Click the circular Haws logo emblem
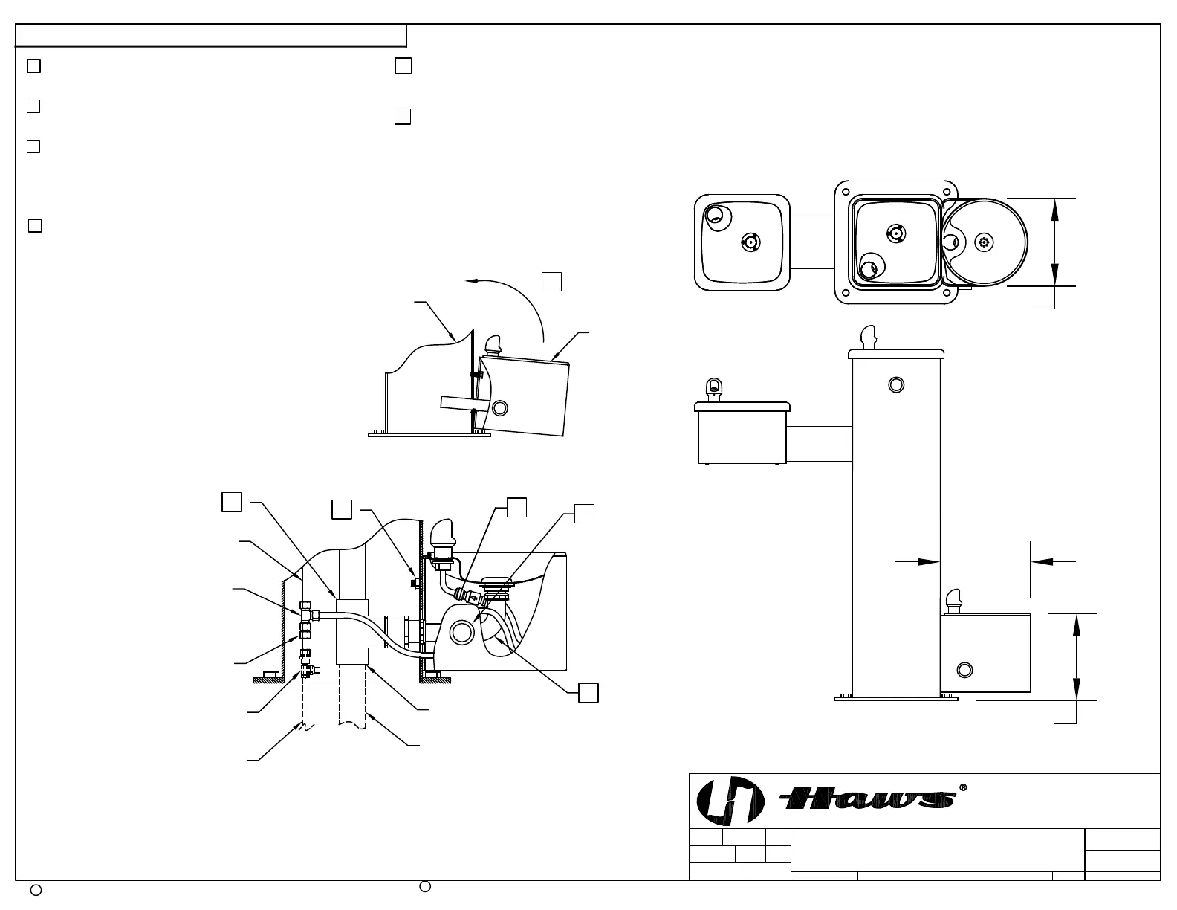730,801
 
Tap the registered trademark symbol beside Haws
962,787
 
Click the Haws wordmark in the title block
866,799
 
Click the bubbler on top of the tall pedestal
869,338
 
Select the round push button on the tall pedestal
896,385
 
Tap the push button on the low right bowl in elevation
964,671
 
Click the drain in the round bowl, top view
984,242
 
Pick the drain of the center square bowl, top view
896,233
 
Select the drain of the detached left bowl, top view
750,242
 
